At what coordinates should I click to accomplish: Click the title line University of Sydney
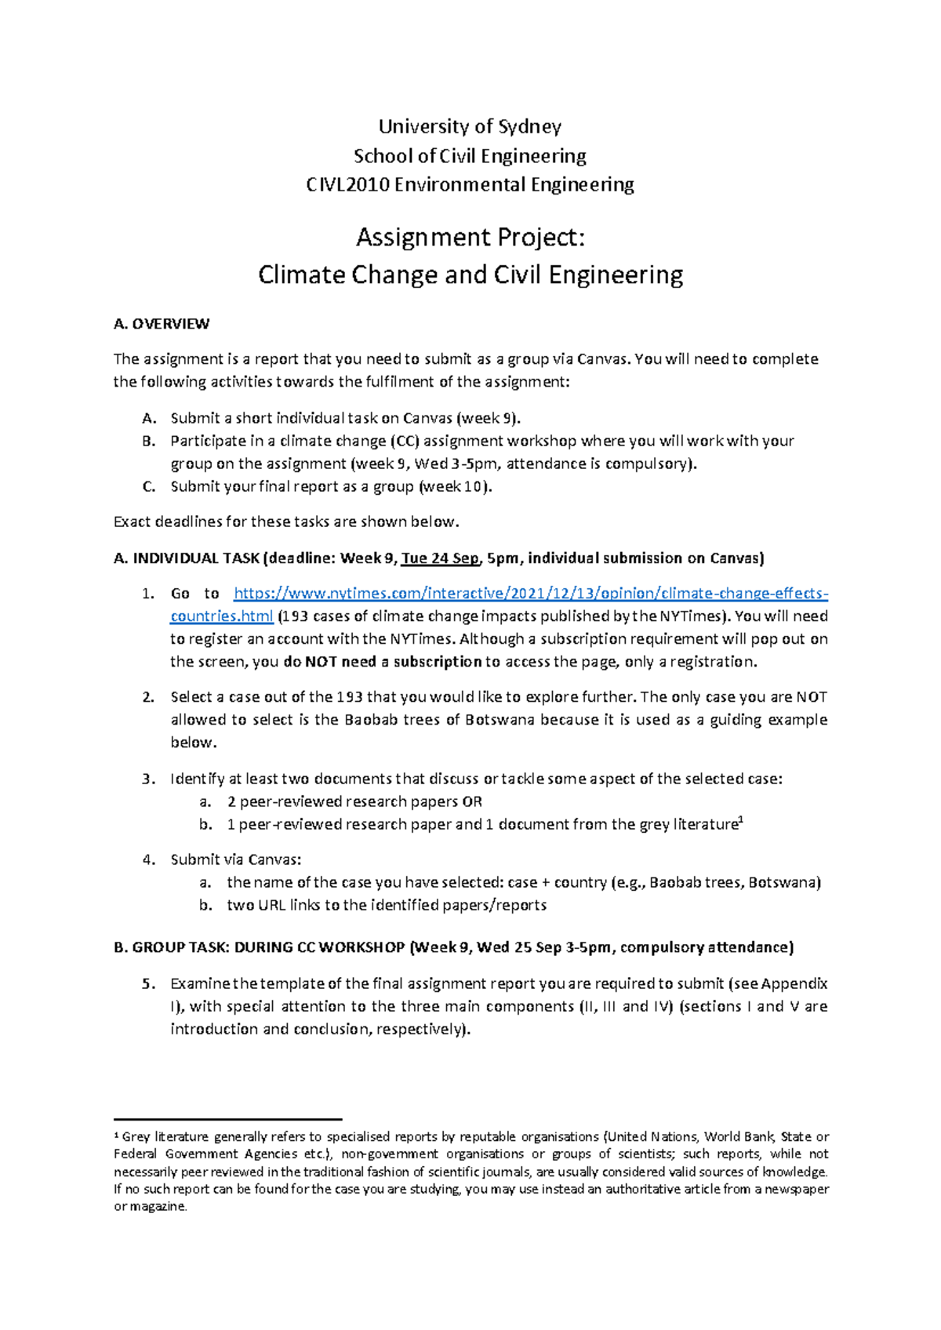[x=470, y=126]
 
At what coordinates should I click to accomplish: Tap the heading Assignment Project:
[x=470, y=237]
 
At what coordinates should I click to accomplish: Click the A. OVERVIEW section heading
[x=162, y=324]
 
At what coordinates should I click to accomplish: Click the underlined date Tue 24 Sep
[x=440, y=558]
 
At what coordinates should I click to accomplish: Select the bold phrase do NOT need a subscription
[x=383, y=662]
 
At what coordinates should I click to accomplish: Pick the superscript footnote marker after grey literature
[x=741, y=820]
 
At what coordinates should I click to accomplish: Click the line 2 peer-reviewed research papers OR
[x=354, y=802]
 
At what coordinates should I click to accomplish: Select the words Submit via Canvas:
[x=236, y=859]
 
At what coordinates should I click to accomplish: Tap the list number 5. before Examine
[x=148, y=984]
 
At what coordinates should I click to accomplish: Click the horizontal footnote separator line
[x=227, y=1119]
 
